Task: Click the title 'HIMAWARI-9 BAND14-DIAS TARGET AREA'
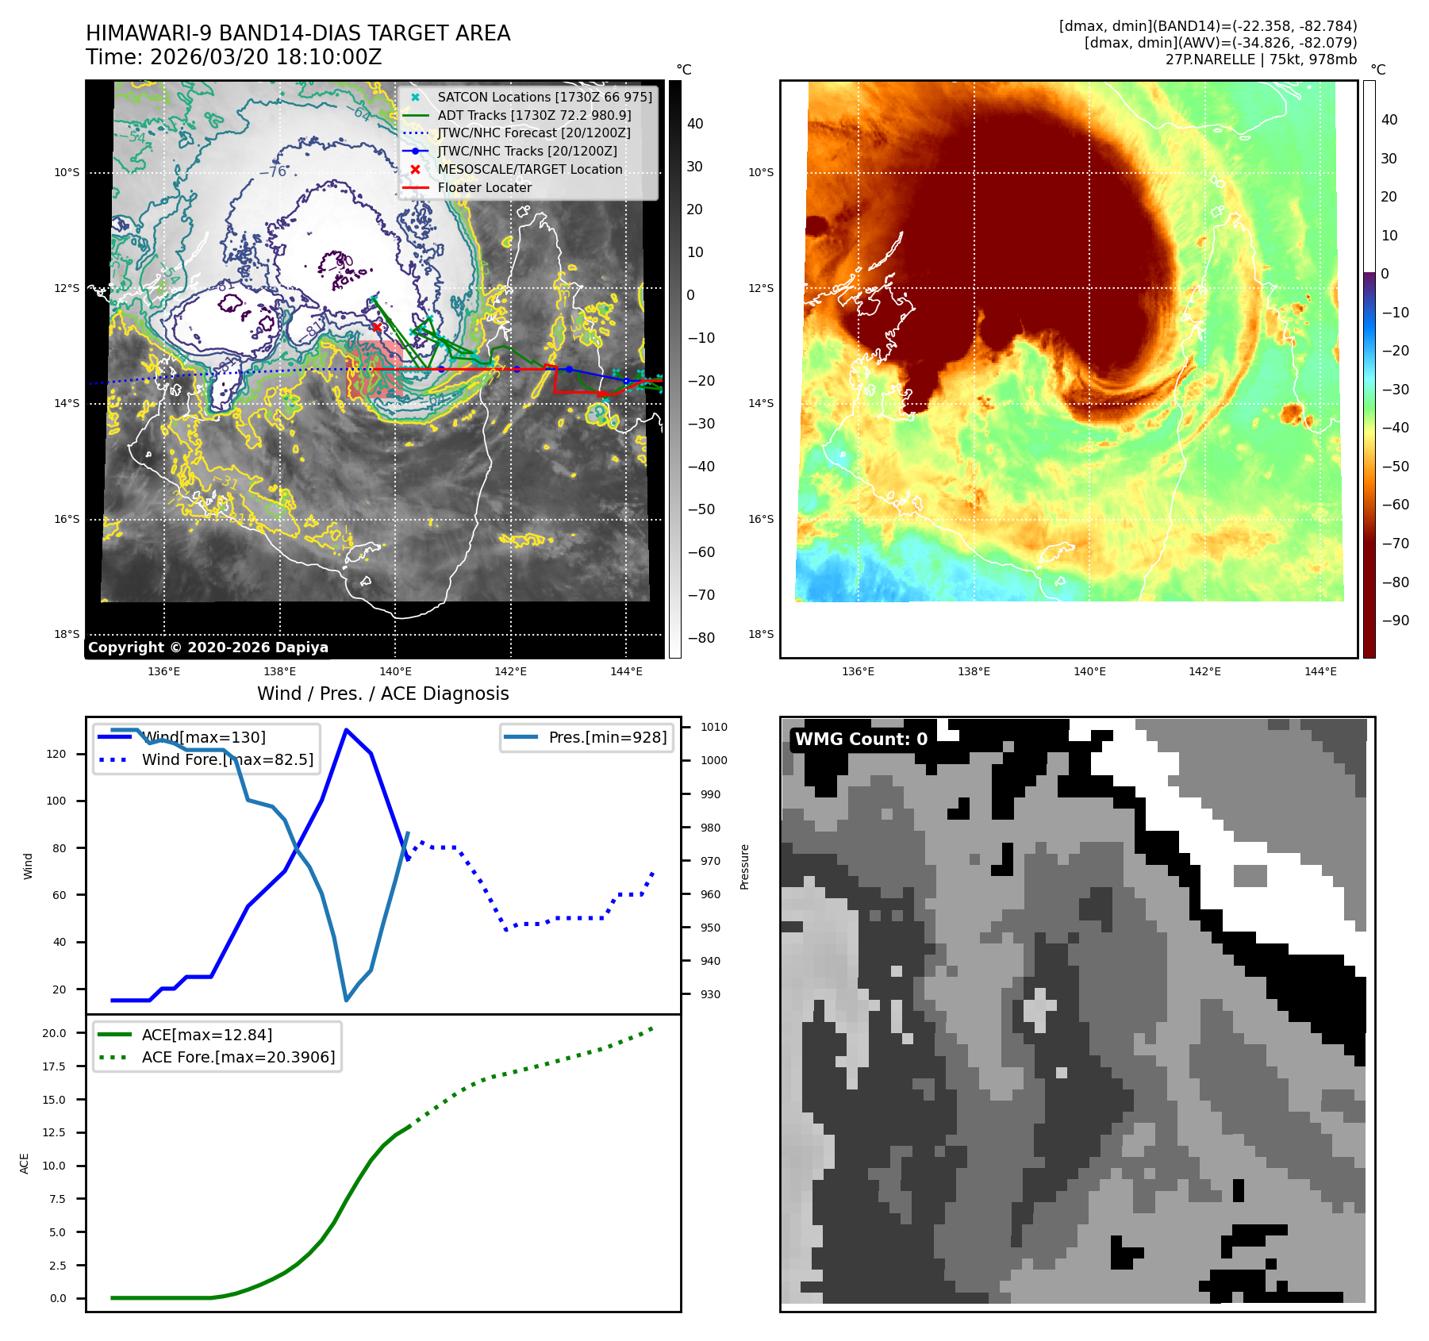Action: (298, 33)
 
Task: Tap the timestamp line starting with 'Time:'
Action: (233, 57)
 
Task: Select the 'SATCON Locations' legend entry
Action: (544, 97)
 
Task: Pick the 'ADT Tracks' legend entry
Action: (534, 115)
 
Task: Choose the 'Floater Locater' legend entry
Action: (484, 187)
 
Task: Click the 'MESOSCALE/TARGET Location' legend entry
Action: (529, 169)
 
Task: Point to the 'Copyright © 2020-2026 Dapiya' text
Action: (208, 647)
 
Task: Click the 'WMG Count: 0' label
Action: (861, 739)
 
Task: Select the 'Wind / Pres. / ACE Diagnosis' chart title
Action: (382, 694)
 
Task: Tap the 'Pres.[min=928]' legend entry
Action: (607, 737)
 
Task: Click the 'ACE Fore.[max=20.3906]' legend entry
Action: (238, 1057)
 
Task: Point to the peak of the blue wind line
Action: (346, 729)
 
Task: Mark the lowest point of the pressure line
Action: (346, 1000)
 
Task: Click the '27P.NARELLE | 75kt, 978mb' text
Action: (1261, 60)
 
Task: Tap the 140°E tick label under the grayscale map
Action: (395, 671)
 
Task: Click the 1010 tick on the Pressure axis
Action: (713, 727)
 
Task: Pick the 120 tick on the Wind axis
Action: (56, 754)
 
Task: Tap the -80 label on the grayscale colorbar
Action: (701, 638)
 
